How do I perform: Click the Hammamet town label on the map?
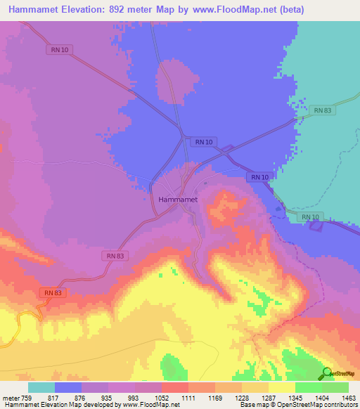[x=177, y=200]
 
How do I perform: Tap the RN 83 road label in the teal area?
[x=323, y=110]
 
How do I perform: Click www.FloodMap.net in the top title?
[x=262, y=9]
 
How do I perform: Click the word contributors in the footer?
[x=342, y=405]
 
